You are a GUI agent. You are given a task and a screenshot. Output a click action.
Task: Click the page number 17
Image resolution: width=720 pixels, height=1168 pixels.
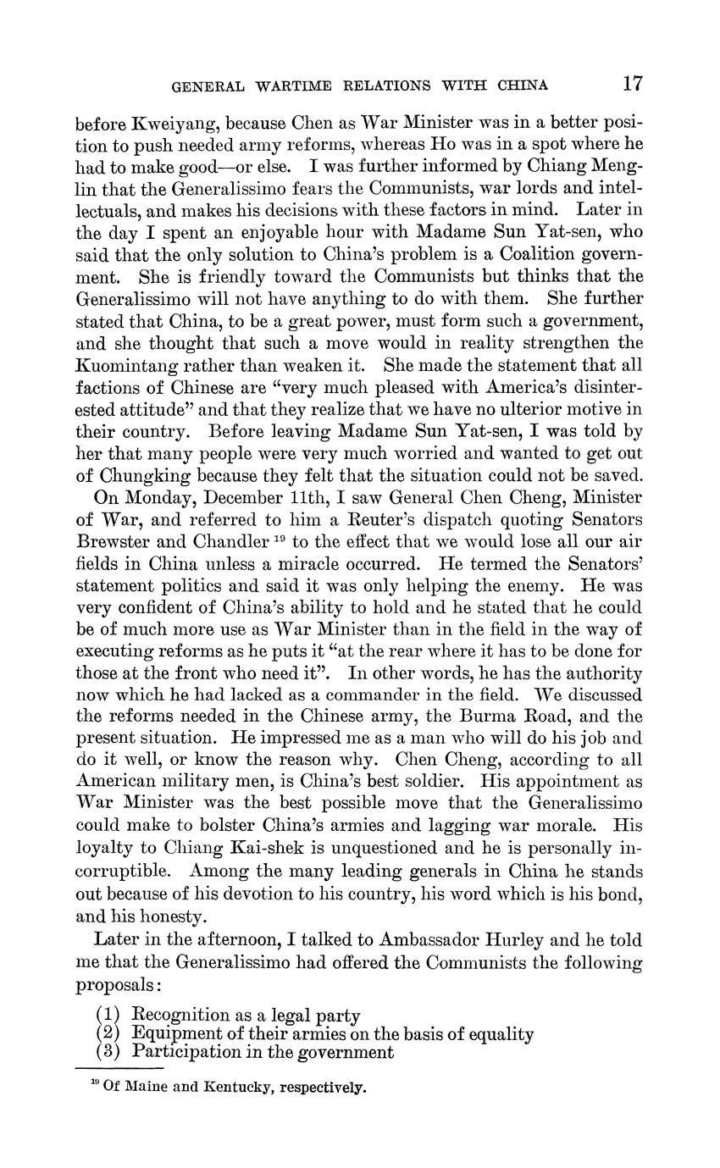click(632, 83)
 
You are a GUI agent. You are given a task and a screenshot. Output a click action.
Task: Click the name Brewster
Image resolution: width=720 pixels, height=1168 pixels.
click(116, 541)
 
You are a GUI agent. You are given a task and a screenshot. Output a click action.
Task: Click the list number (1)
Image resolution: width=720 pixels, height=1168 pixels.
click(108, 1015)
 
